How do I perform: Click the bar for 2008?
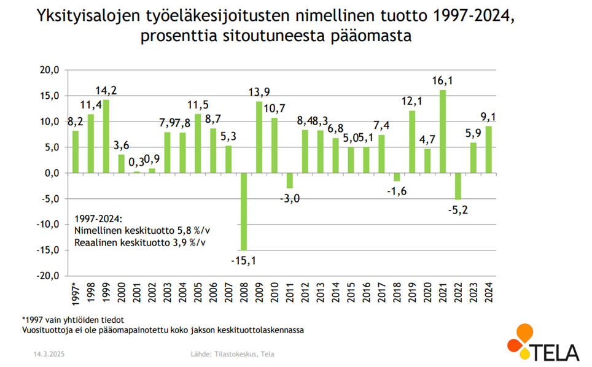tap(244, 211)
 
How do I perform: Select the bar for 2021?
tap(443, 131)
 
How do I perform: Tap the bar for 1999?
tap(106, 136)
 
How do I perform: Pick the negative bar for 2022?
tap(458, 186)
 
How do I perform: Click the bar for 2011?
tap(290, 180)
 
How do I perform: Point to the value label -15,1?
tap(244, 262)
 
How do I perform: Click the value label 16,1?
tap(442, 80)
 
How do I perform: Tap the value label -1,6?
tap(397, 192)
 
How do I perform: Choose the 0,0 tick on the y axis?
tap(49, 173)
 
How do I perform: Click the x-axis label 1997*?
tap(75, 295)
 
